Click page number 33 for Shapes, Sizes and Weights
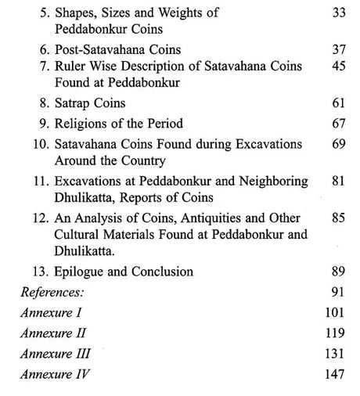click(338, 13)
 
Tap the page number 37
click(338, 50)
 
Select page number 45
click(338, 67)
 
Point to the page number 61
click(338, 103)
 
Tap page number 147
click(334, 373)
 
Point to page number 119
click(334, 333)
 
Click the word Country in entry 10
click(146, 160)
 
